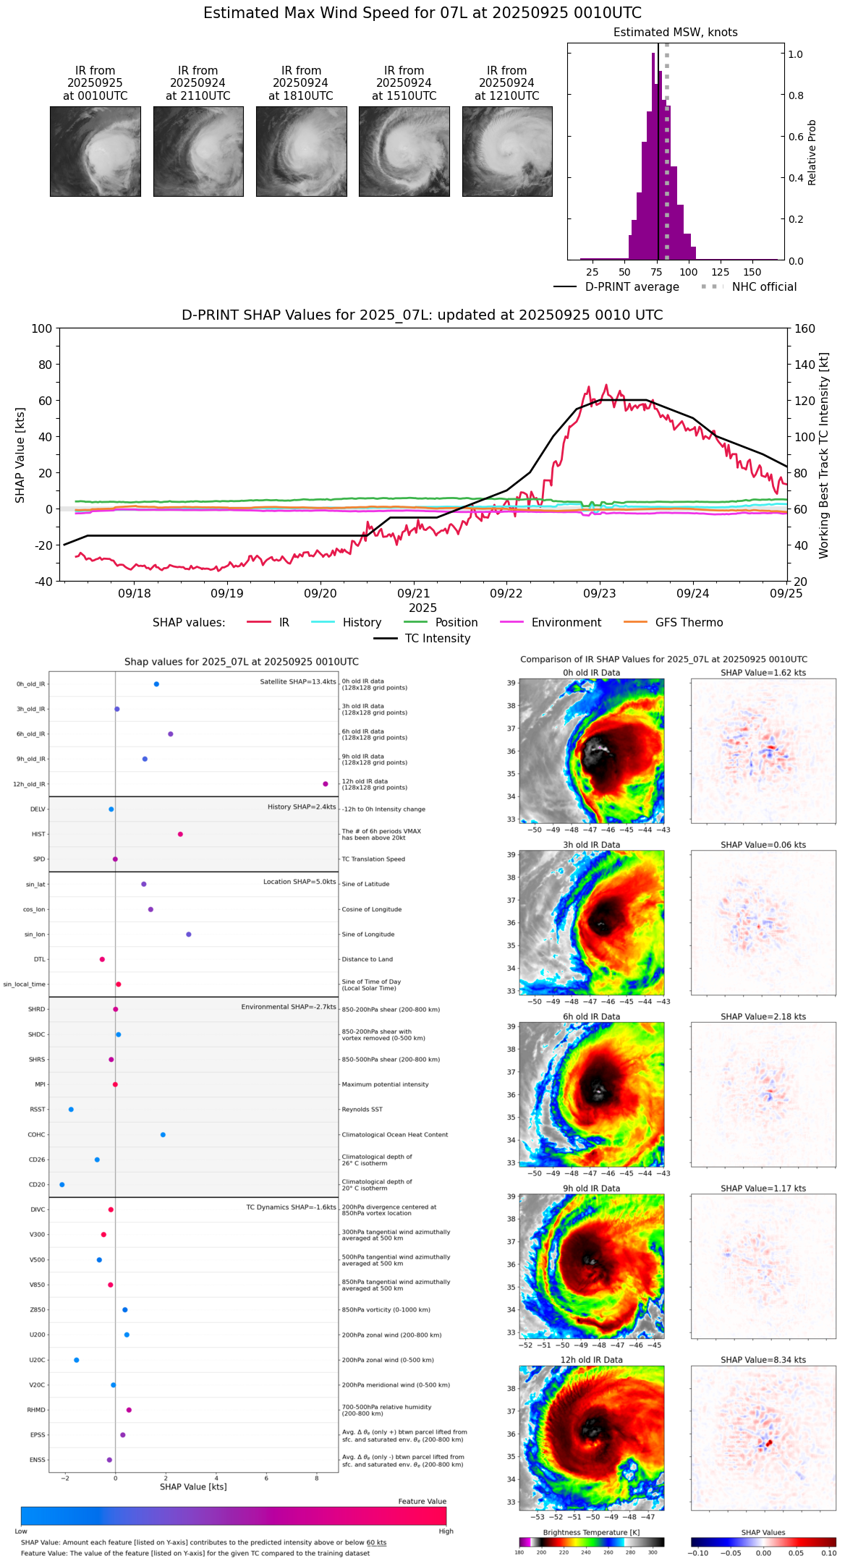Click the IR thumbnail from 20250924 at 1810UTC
pos(301,151)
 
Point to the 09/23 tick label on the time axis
pos(599,594)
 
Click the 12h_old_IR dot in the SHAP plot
pos(326,784)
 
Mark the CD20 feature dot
pos(62,1185)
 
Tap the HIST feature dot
pos(180,834)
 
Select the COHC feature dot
pos(163,1134)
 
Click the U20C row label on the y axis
pos(37,1360)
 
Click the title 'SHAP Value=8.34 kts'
pos(763,1360)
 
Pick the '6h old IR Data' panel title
pos(591,1016)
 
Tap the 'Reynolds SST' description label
pos(362,1110)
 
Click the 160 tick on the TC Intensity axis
pos(804,328)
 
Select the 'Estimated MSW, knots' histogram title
pos(675,33)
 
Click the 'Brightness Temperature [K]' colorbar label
pos(591,1532)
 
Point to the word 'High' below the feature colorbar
pos(446,1531)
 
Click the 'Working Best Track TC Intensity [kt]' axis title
pos(824,456)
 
